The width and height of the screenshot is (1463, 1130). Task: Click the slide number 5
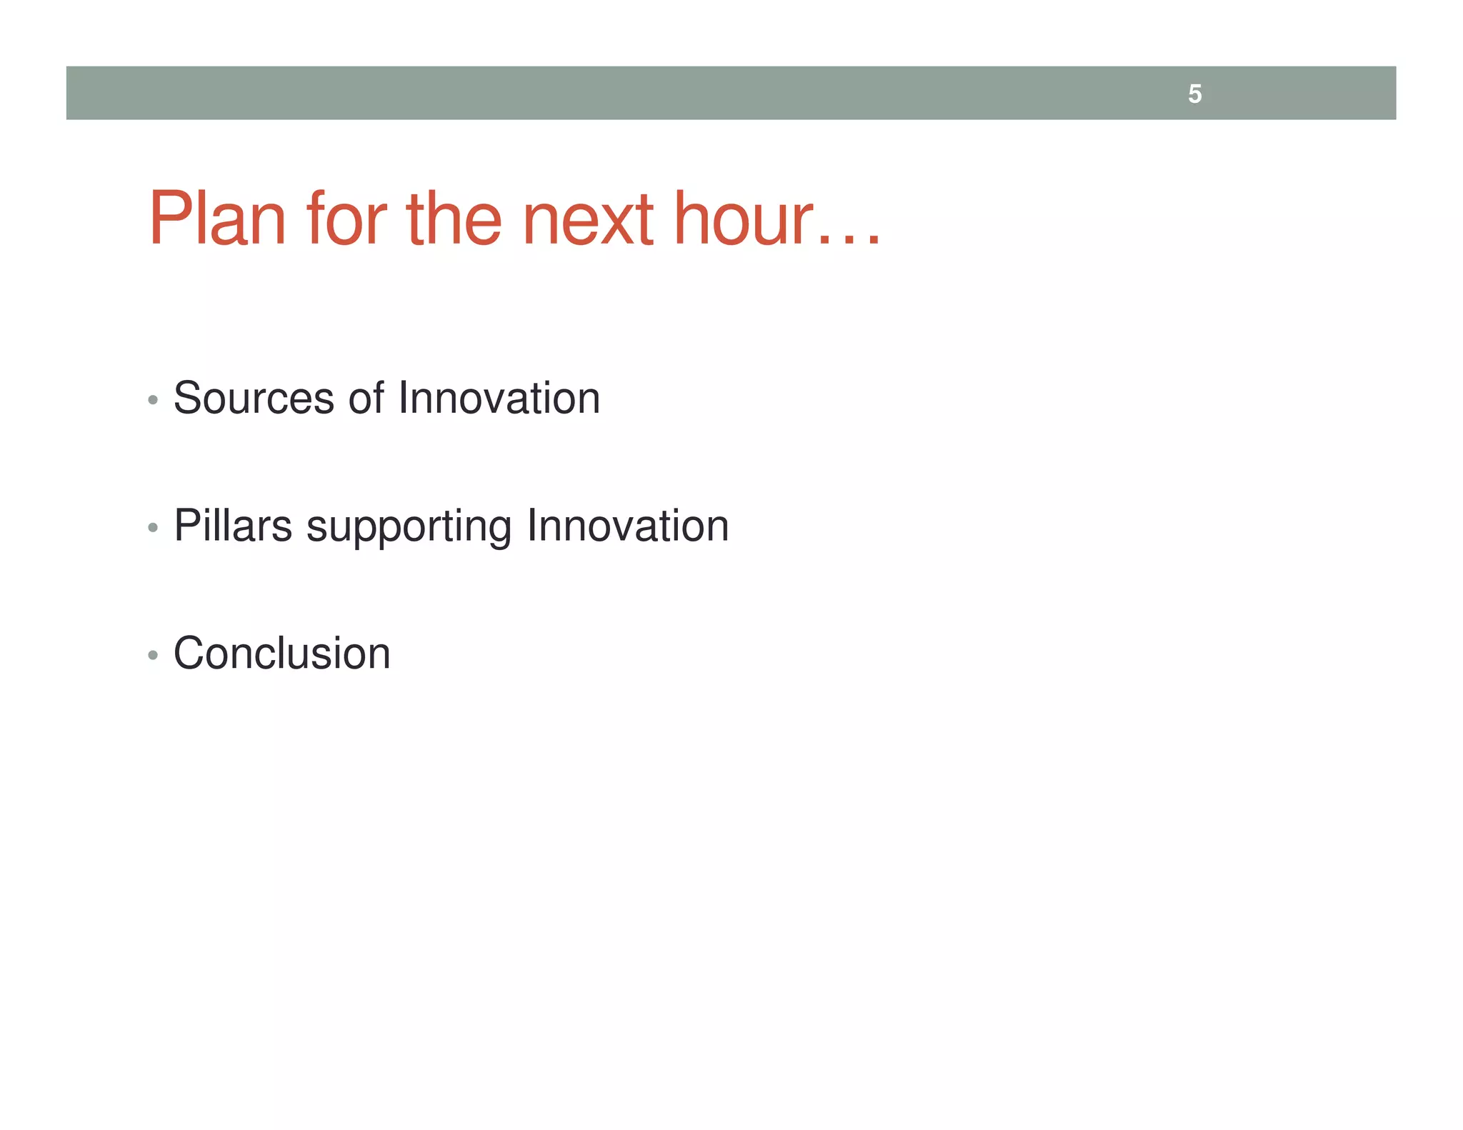pos(1194,94)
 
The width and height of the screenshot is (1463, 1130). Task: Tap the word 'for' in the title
pos(346,219)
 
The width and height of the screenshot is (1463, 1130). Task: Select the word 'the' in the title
pos(454,219)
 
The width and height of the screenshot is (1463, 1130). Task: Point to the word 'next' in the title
pos(587,220)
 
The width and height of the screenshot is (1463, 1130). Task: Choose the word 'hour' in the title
pos(743,219)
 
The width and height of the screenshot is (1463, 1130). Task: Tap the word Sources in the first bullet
pos(254,398)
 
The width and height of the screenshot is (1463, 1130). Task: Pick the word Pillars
pos(233,526)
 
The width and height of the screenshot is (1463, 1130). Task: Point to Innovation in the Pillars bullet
pos(627,526)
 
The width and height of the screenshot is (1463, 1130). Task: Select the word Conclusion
pos(282,654)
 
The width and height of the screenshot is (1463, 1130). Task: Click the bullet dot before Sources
pos(152,400)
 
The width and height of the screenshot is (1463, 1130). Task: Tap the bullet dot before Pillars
pos(152,528)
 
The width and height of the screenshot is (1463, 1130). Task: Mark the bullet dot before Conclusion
pos(152,655)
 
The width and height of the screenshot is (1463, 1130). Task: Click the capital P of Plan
pos(169,219)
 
